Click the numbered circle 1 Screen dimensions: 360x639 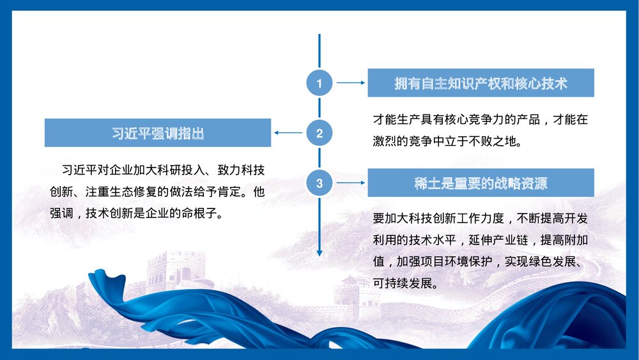point(319,82)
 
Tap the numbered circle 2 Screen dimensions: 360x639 point(319,133)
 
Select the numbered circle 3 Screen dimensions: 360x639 point(319,184)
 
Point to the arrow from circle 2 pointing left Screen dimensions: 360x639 point(288,133)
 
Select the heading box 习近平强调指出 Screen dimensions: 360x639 point(158,133)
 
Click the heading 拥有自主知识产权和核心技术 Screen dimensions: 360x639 point(481,83)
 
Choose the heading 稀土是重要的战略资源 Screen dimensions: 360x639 point(481,184)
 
